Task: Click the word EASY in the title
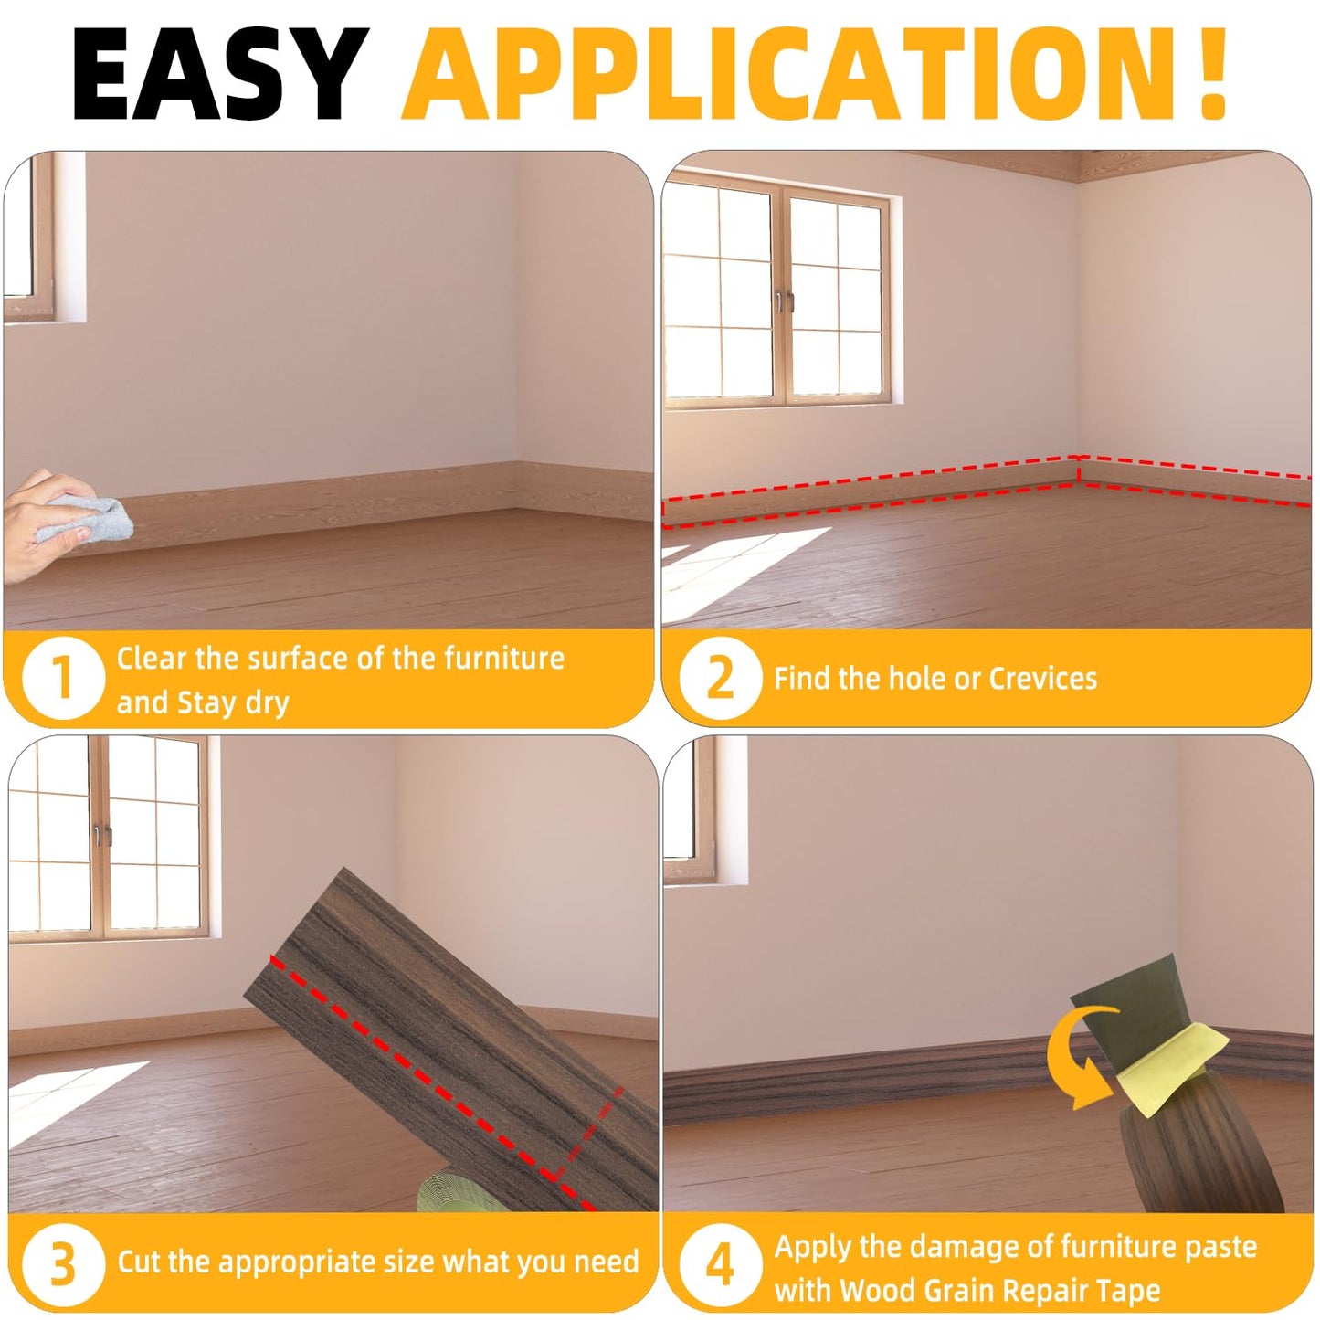[220, 74]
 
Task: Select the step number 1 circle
[63, 677]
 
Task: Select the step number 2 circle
[720, 677]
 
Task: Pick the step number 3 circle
[63, 1262]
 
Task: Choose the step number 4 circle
[720, 1262]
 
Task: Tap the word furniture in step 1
[504, 658]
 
